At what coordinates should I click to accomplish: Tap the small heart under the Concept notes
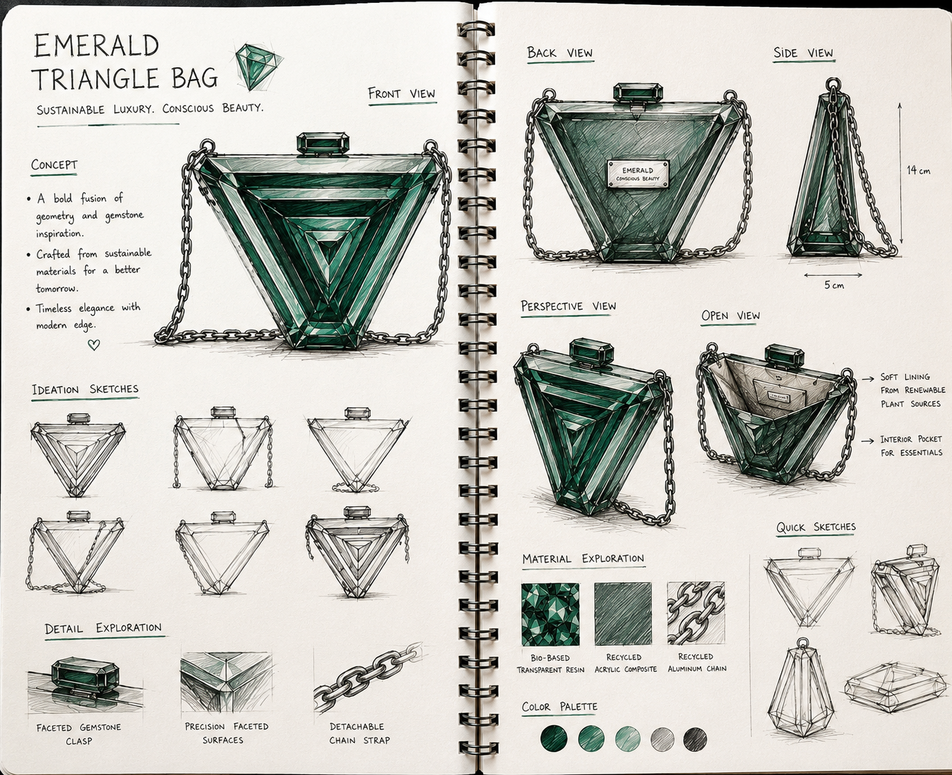tap(93, 344)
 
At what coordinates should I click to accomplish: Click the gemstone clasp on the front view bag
tap(323, 144)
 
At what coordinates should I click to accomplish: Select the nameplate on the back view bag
tap(638, 174)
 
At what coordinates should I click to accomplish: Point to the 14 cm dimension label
tap(919, 170)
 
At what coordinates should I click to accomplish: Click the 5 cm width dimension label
tap(834, 285)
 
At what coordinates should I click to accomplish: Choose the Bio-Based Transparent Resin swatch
tap(550, 614)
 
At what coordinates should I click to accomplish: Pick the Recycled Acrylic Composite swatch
tap(623, 613)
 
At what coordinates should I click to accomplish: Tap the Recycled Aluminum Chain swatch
tap(696, 613)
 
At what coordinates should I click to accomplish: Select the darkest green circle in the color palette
tap(554, 738)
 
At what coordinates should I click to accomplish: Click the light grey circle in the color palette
tap(662, 739)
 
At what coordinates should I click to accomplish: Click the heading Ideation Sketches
tap(85, 389)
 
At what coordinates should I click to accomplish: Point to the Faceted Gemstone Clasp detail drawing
tap(85, 685)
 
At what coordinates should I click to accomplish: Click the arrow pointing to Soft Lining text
tap(868, 379)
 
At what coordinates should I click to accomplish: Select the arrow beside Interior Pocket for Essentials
tap(868, 440)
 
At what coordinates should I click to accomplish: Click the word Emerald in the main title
tap(97, 46)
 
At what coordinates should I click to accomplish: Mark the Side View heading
tap(803, 53)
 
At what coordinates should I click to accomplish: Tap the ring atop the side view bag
tap(832, 84)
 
